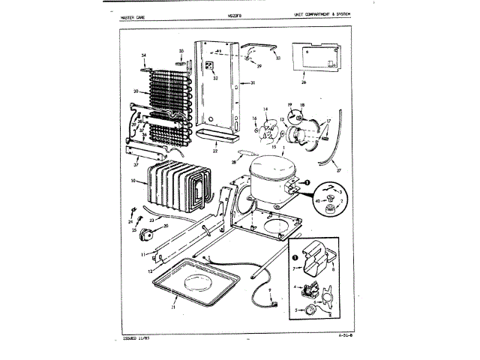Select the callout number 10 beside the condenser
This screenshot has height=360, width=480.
(133, 181)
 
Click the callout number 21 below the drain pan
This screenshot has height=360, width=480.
(173, 307)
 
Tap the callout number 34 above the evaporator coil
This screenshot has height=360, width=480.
(142, 57)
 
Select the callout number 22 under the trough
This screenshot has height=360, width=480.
(215, 151)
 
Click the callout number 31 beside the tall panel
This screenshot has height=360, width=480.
(253, 82)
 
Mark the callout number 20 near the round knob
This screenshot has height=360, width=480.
(166, 225)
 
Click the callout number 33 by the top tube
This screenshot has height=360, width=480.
(277, 58)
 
